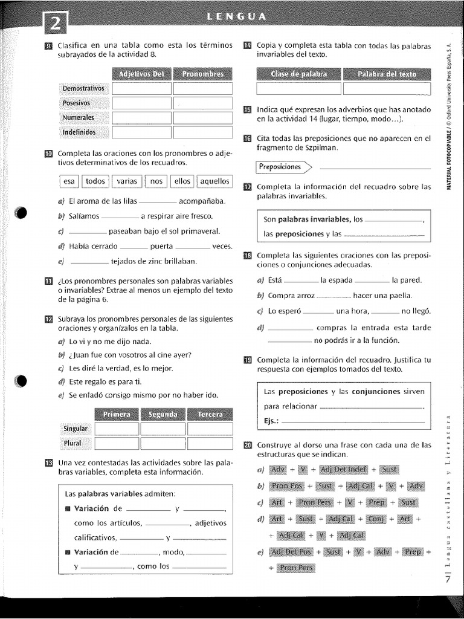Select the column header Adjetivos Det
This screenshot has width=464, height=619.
(141, 74)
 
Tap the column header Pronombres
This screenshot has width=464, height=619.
(202, 74)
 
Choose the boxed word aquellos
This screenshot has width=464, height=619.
(214, 181)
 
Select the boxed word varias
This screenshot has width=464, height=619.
(127, 181)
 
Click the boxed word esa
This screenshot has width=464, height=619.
(69, 181)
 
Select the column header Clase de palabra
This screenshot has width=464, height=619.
(298, 74)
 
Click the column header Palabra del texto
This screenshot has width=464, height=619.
(387, 74)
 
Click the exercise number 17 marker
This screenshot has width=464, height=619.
(247, 187)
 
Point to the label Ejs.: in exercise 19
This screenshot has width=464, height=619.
(272, 421)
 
